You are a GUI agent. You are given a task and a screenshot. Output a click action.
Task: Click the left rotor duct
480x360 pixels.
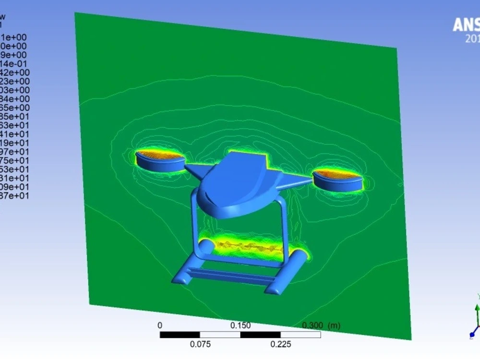[160, 162]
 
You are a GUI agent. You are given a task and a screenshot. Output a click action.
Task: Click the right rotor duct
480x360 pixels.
[337, 180]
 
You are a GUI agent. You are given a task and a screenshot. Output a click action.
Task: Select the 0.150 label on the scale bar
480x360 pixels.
[240, 325]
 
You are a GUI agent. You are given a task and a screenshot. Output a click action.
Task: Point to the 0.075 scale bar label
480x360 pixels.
[200, 344]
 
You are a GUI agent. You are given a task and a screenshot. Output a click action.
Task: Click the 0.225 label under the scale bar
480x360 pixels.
[281, 344]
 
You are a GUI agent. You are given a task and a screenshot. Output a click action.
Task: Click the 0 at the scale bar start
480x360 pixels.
[160, 325]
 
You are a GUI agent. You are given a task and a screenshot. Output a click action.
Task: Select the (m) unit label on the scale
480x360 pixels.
[334, 325]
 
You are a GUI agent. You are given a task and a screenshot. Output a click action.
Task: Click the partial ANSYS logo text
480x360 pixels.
[466, 25]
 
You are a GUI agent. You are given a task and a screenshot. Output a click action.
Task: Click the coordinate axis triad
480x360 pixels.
[476, 319]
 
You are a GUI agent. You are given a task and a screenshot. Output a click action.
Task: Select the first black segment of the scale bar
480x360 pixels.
[180, 335]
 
